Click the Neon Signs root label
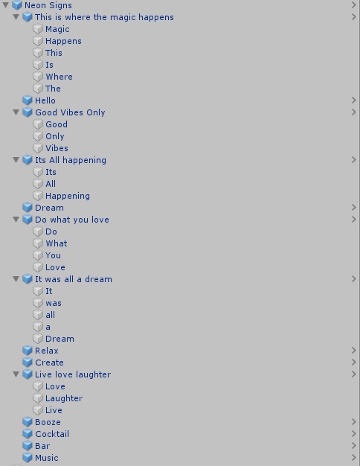48,5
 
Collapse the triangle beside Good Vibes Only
16,112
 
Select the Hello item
45,100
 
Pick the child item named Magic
57,29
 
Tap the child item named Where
59,77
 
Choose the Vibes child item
57,148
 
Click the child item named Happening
68,196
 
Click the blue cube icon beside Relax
28,351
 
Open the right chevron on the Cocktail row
353,434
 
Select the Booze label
48,422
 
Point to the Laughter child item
64,398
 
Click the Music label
47,458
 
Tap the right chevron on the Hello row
353,100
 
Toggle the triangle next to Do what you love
16,220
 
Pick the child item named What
57,243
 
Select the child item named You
53,255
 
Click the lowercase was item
54,303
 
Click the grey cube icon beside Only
38,136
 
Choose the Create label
49,363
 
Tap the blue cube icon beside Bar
28,446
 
